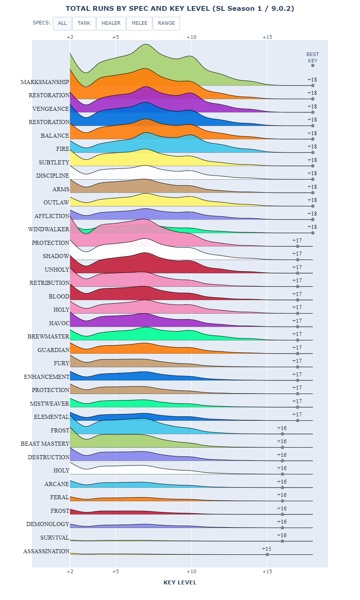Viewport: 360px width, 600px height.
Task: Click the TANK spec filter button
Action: [84, 23]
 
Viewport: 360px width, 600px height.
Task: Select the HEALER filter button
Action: [111, 23]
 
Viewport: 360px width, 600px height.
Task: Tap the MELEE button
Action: [139, 23]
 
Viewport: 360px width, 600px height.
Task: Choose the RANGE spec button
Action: [166, 23]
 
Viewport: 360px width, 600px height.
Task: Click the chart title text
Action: [180, 8]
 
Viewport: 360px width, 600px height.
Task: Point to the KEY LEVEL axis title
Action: [180, 582]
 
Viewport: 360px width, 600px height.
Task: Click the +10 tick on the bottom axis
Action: [191, 572]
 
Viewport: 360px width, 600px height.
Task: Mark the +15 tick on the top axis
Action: [267, 37]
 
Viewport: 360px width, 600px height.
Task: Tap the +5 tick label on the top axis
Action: [116, 37]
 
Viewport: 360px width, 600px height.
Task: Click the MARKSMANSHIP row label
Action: [45, 82]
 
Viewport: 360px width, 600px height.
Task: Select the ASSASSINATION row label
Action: [46, 551]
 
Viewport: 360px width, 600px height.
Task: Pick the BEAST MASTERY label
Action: [45, 444]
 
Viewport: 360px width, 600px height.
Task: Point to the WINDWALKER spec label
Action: [49, 229]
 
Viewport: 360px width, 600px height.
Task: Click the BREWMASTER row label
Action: [48, 336]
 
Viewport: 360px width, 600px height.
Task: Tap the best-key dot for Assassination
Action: [267, 554]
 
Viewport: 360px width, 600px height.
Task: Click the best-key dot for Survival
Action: [282, 541]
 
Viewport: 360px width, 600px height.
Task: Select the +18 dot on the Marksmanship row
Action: [313, 86]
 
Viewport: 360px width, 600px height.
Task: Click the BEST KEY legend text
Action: [313, 58]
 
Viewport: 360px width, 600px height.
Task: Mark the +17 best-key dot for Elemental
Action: [298, 420]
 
